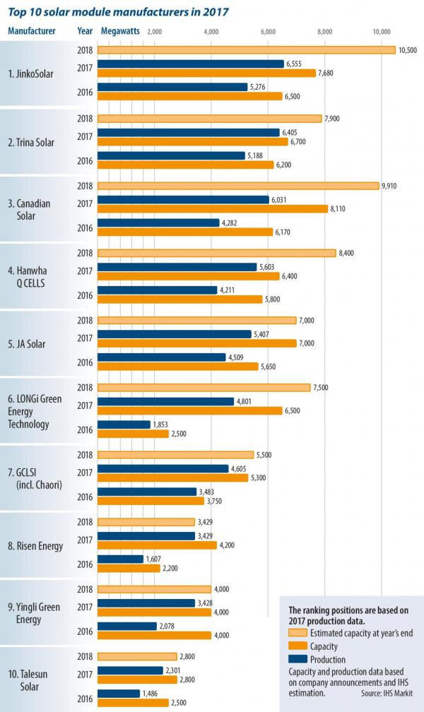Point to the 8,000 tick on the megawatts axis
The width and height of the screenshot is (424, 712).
pyautogui.click(x=324, y=31)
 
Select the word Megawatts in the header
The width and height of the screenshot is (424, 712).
pyautogui.click(x=120, y=31)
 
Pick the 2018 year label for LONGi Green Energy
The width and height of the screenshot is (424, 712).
pyautogui.click(x=85, y=387)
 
